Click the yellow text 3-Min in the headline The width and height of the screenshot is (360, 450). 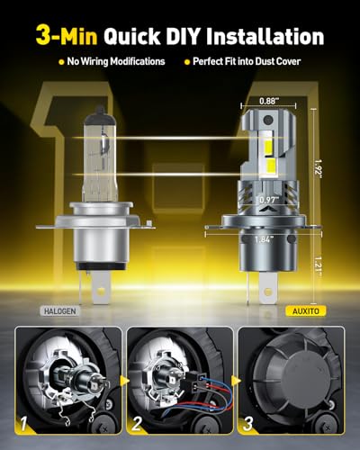click(x=67, y=36)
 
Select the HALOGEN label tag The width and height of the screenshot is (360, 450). click(x=60, y=311)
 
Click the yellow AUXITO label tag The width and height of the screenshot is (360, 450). click(x=306, y=311)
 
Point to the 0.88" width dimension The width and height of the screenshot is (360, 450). click(x=267, y=101)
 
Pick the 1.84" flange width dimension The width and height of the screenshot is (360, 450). click(x=265, y=239)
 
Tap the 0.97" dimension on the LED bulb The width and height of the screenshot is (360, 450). click(x=269, y=199)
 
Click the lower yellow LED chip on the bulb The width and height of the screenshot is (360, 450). click(x=268, y=165)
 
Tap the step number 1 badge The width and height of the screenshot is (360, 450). click(x=24, y=423)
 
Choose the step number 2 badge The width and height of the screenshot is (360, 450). click(x=137, y=423)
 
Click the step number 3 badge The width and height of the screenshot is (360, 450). click(x=247, y=423)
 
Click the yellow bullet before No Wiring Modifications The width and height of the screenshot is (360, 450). click(x=61, y=62)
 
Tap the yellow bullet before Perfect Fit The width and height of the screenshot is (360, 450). click(x=187, y=62)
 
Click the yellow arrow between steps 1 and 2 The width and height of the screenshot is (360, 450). click(x=123, y=381)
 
